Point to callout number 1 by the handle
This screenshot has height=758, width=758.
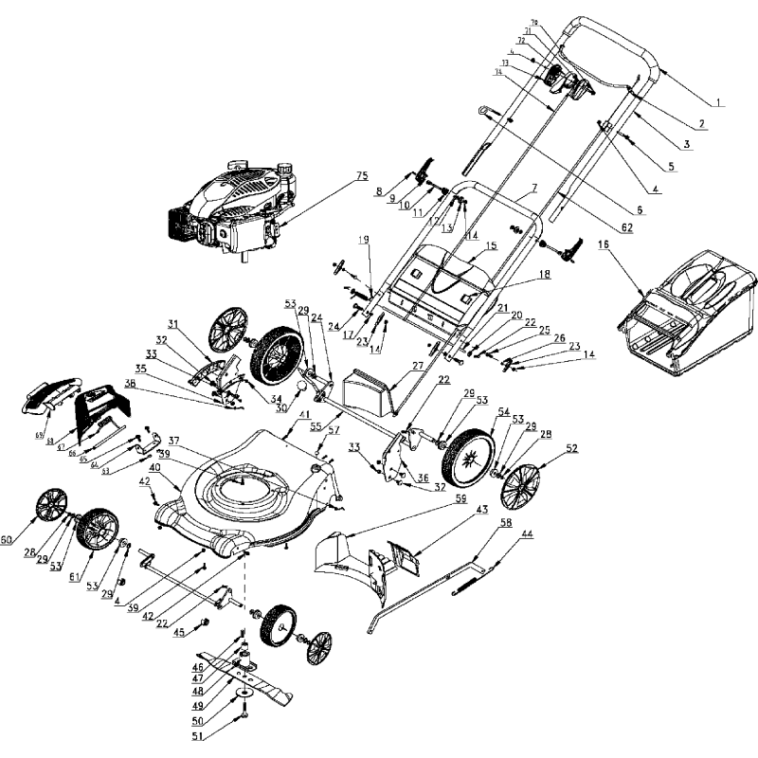pos(717,101)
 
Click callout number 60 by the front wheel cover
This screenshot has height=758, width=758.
pos(7,540)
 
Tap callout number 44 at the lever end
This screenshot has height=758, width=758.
pos(526,535)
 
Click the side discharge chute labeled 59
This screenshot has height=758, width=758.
pos(341,559)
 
